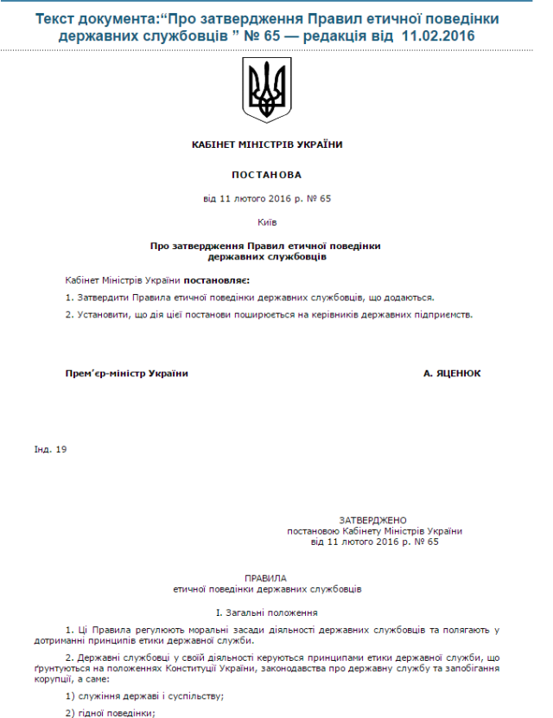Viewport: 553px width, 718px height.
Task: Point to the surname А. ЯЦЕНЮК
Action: tap(452, 374)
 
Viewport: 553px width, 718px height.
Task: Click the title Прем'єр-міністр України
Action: tap(127, 374)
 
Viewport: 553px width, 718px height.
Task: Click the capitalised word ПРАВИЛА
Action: tap(266, 578)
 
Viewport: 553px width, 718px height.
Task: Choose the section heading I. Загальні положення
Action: tap(266, 612)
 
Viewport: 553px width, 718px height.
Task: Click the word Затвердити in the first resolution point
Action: tap(100, 297)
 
